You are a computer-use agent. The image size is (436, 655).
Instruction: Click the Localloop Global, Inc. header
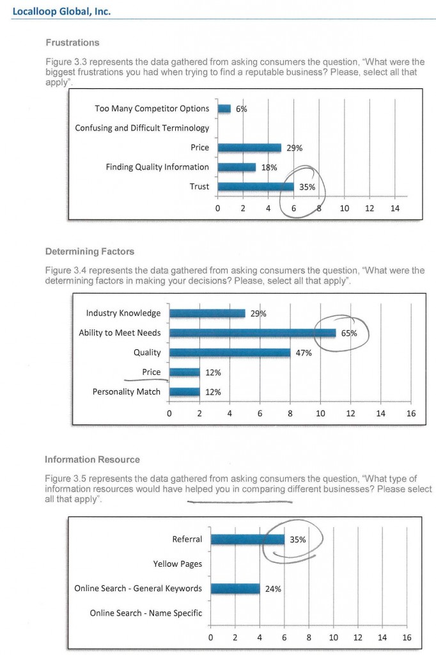point(61,12)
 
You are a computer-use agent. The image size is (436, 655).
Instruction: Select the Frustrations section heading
point(73,43)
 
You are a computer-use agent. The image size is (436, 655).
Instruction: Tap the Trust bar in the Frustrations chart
point(256,187)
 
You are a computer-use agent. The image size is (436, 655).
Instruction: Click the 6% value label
point(242,109)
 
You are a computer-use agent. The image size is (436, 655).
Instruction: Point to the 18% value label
point(269,168)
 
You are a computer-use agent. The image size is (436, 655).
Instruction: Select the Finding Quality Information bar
point(237,167)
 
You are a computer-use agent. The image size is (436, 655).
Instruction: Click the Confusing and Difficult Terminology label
point(142,128)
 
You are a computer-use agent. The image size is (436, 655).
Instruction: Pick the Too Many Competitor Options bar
point(224,109)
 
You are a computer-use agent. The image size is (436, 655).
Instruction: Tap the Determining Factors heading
point(90,251)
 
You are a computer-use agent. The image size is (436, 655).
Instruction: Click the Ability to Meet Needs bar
point(253,333)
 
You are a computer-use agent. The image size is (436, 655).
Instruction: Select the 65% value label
point(349,333)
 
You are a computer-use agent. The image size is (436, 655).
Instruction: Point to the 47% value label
point(304,353)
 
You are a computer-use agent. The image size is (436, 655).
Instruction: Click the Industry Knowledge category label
point(123,313)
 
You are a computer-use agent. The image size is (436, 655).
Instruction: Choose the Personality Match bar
point(185,392)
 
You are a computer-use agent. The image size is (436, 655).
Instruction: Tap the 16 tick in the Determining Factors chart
point(411,414)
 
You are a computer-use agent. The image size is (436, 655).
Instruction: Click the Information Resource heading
point(92,459)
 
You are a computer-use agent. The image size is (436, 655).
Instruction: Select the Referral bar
point(247,539)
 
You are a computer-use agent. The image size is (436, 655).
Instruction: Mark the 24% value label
point(273,589)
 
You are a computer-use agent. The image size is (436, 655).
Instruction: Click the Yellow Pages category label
point(178,564)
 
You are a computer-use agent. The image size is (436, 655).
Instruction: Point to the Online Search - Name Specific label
point(146,613)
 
